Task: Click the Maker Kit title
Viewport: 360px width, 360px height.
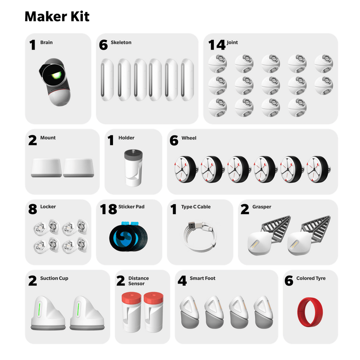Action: [57, 17]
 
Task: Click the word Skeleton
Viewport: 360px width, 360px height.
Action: [121, 42]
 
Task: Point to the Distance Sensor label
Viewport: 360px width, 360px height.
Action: [138, 281]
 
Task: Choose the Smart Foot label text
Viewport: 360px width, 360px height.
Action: [202, 279]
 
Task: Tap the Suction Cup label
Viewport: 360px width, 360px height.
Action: [54, 279]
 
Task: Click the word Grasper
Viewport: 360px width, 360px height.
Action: [262, 207]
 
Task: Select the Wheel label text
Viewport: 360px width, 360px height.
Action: [189, 138]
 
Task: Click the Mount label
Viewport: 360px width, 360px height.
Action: [48, 138]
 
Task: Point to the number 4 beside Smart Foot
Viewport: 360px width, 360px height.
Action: [181, 281]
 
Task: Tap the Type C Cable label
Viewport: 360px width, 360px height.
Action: [196, 207]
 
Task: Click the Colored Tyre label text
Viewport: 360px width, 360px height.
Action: [311, 279]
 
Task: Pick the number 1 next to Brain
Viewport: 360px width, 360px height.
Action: [32, 45]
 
